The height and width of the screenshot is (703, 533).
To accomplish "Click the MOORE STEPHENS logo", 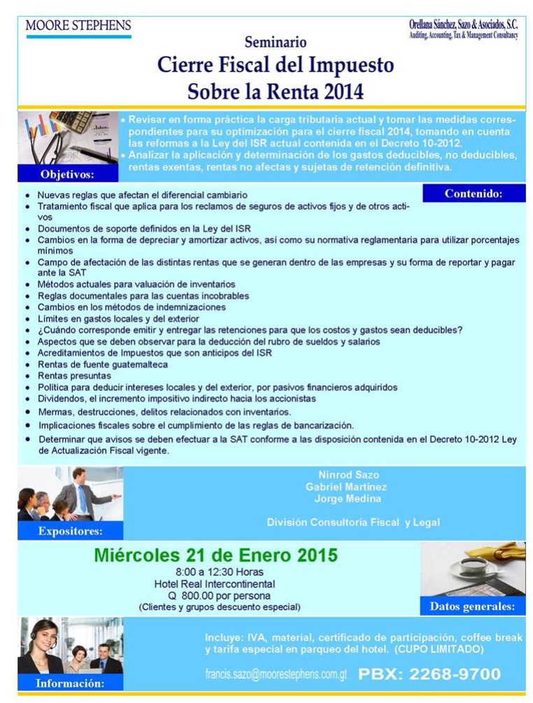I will pos(78,27).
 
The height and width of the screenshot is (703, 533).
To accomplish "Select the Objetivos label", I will pos(67,173).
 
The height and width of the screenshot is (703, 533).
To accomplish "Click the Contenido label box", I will pos(474,194).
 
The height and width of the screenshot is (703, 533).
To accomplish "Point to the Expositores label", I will pos(71,531).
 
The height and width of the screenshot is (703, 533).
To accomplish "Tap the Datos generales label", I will pos(472,606).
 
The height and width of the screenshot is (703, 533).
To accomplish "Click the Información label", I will pos(71,683).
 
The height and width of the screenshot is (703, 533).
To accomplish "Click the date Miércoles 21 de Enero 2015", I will pos(215,555).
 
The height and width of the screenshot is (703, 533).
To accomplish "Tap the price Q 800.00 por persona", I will pos(215,595).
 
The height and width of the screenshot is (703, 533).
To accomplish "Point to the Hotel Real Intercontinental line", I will pos(215,584).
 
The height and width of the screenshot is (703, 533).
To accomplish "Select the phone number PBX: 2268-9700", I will pos(429,674).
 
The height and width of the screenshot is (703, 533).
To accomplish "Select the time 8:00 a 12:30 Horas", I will pos(215,572).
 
